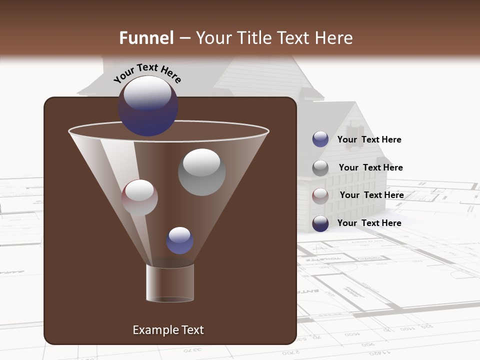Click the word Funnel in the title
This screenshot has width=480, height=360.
(x=146, y=38)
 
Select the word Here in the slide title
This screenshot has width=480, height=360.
(x=334, y=38)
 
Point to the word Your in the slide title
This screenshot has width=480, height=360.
(x=213, y=38)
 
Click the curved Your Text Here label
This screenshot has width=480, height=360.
(x=147, y=73)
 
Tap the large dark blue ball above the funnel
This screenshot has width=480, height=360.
(x=147, y=106)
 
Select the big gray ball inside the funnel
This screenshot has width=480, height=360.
(x=201, y=172)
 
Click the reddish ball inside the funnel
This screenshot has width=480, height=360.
(x=139, y=198)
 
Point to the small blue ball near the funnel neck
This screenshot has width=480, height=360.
(x=179, y=240)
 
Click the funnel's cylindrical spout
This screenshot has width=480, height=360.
(x=169, y=283)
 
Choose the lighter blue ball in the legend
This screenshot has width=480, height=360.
(x=320, y=139)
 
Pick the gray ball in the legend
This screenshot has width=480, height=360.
(x=320, y=167)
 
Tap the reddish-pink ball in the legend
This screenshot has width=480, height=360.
(x=320, y=195)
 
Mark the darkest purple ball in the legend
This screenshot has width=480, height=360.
(x=320, y=223)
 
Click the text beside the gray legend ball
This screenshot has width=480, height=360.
(x=370, y=167)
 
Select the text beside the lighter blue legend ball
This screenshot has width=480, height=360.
(x=369, y=139)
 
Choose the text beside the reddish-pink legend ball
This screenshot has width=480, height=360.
(x=371, y=195)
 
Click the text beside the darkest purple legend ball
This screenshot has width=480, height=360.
(x=369, y=223)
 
